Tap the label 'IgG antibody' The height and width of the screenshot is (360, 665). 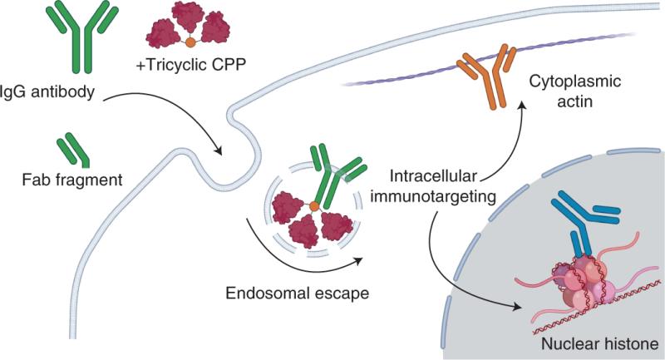[x=47, y=92]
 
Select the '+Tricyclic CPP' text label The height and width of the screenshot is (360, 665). [x=191, y=65]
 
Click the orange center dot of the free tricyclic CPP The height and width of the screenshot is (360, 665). [x=190, y=42]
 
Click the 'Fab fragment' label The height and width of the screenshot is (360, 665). [x=72, y=180]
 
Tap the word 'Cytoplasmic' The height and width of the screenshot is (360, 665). [x=574, y=81]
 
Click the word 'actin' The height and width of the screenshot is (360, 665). [x=574, y=101]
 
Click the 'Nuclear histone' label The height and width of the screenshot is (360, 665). [x=599, y=343]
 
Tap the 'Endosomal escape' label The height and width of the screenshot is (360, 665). [x=298, y=293]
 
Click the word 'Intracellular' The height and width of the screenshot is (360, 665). [x=433, y=176]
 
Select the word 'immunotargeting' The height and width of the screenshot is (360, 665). [x=433, y=196]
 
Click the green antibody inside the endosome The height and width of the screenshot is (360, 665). [x=335, y=178]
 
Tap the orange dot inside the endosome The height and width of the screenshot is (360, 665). [x=314, y=206]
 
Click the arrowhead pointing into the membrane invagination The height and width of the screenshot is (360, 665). [x=218, y=150]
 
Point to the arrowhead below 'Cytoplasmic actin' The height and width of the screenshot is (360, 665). [x=523, y=104]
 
